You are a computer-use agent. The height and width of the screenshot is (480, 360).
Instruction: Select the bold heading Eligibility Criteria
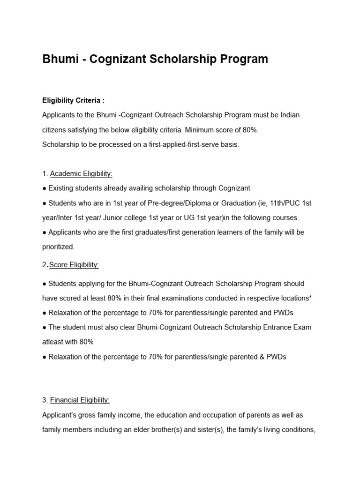73,100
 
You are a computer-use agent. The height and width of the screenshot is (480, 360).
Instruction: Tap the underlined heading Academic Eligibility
81,173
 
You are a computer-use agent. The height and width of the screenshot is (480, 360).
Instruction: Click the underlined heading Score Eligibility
74,265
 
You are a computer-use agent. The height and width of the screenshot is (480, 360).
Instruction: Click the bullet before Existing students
44,188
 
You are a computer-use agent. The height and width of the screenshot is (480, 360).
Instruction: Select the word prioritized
58,247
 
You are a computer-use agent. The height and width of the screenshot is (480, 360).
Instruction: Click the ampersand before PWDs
262,357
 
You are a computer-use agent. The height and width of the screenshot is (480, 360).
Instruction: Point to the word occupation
209,415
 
